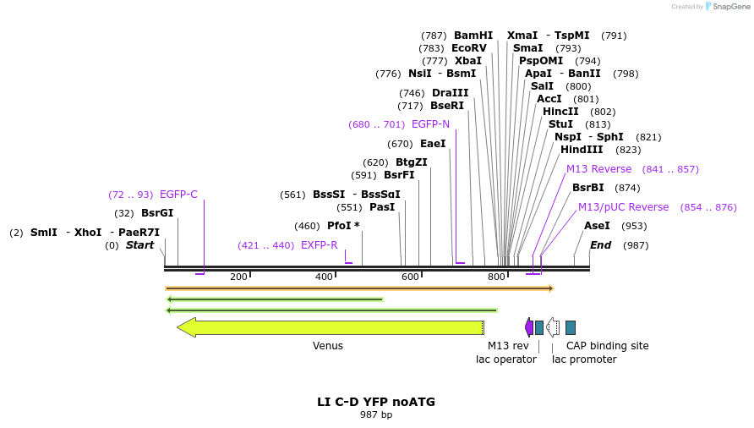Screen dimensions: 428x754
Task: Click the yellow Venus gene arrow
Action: point(330,327)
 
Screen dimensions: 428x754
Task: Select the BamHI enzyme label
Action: point(473,36)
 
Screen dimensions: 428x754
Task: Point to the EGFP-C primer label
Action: point(178,195)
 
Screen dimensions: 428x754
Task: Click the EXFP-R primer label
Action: point(319,245)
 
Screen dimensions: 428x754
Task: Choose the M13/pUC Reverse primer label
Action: point(623,207)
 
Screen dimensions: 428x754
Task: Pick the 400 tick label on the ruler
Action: point(324,277)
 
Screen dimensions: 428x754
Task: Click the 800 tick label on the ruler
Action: point(496,277)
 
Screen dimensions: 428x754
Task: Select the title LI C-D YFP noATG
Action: point(376,402)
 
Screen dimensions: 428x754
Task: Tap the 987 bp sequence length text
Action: point(376,414)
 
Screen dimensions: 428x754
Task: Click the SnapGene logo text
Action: point(731,7)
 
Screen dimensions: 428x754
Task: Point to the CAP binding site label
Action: point(607,346)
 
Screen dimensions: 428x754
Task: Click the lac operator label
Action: point(505,359)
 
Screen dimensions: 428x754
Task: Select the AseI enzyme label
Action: point(597,226)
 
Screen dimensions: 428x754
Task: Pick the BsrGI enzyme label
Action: point(157,213)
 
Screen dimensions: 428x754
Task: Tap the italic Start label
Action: point(140,245)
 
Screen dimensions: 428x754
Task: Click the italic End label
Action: point(600,245)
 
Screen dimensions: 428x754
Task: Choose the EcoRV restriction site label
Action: point(469,48)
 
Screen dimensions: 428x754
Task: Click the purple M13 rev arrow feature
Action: point(529,327)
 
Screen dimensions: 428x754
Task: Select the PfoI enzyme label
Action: point(340,226)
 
